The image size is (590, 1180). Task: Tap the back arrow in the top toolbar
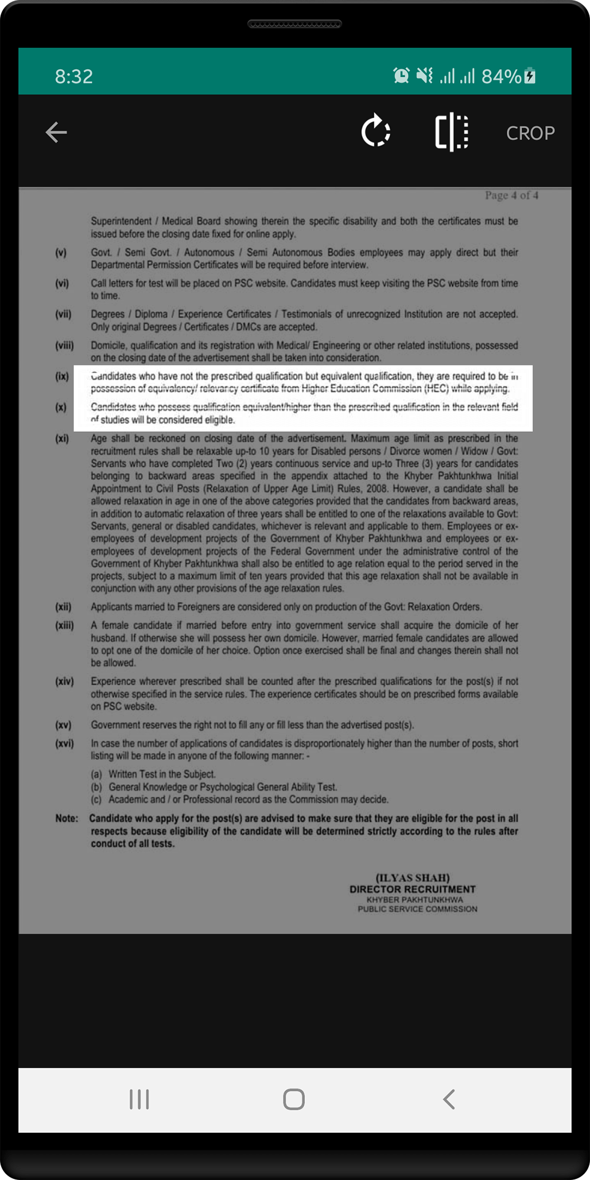[57, 132]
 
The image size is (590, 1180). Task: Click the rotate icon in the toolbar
[376, 132]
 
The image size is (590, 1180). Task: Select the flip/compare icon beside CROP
[452, 132]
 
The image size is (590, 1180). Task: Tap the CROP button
[530, 133]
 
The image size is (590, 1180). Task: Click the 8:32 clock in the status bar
[74, 76]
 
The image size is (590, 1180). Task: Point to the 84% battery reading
[501, 76]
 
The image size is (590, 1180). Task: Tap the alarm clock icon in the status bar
[401, 76]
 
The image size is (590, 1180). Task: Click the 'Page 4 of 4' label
[512, 195]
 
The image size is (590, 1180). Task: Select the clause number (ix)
[62, 376]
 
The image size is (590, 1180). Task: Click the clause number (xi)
[62, 438]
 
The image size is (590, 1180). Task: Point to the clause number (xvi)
[64, 743]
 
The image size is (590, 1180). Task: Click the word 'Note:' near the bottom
[67, 818]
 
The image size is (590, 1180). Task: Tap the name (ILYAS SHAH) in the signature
[412, 877]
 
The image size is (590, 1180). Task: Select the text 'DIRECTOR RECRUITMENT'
[412, 889]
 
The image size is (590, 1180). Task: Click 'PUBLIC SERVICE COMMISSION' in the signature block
[417, 909]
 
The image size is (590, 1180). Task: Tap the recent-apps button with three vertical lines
[139, 1099]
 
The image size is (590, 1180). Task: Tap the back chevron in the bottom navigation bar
[449, 1099]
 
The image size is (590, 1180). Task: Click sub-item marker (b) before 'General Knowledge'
[96, 787]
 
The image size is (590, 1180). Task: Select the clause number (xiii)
[64, 625]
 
